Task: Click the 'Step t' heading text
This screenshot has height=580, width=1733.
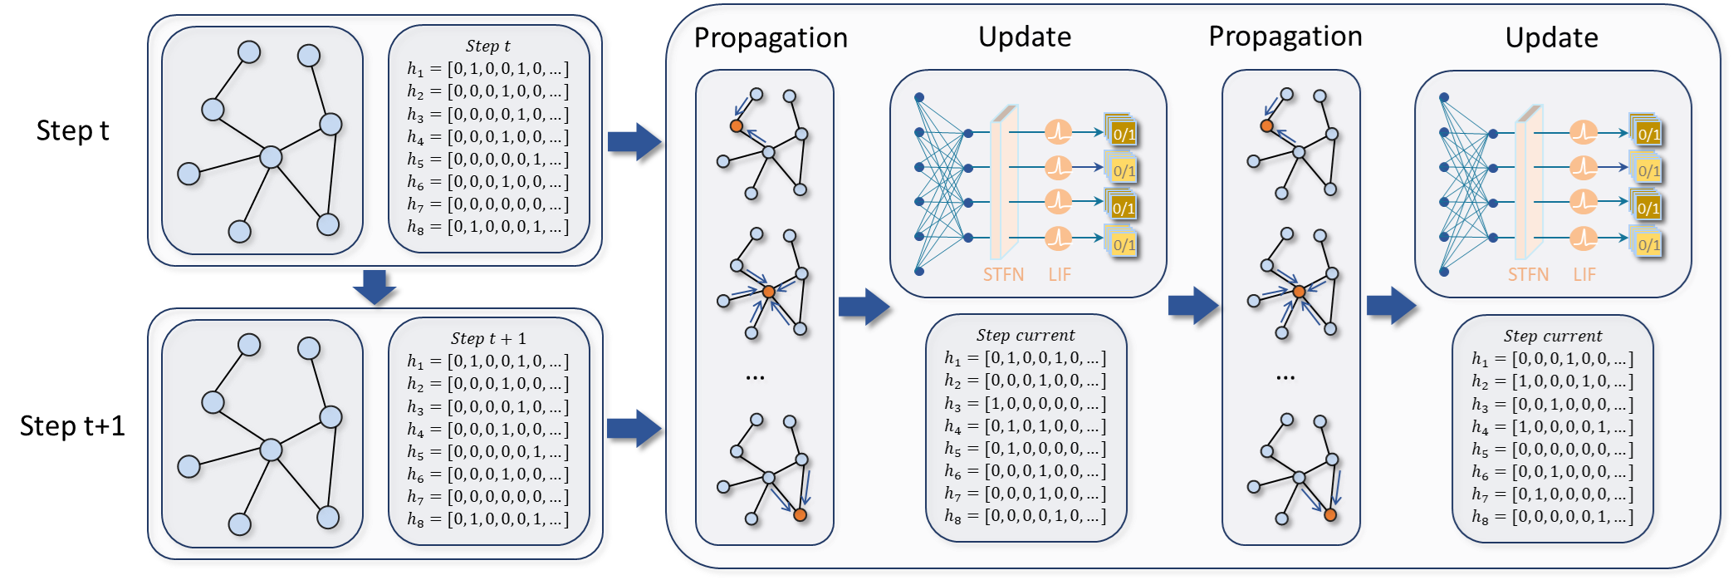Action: pyautogui.click(x=488, y=47)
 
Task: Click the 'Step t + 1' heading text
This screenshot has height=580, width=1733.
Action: pyautogui.click(x=488, y=339)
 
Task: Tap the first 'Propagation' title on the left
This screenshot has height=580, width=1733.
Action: pyautogui.click(x=771, y=38)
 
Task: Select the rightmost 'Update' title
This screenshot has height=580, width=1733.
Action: pyautogui.click(x=1551, y=38)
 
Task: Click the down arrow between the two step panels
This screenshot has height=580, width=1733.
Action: pyautogui.click(x=375, y=288)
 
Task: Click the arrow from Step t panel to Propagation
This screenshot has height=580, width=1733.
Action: pyautogui.click(x=635, y=142)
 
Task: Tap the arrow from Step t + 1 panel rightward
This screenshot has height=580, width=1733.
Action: pyautogui.click(x=635, y=429)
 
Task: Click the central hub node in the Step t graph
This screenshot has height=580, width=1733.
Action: pyautogui.click(x=272, y=156)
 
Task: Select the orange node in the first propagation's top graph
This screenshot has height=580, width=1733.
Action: pyautogui.click(x=736, y=125)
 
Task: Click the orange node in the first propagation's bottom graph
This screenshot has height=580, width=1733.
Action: pyautogui.click(x=800, y=515)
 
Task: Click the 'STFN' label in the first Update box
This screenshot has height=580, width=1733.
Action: pyautogui.click(x=1003, y=275)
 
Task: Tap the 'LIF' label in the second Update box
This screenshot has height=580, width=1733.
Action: pyautogui.click(x=1584, y=275)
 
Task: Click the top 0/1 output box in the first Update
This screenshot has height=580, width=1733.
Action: pyautogui.click(x=1123, y=134)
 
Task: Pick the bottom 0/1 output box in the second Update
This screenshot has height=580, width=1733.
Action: pyautogui.click(x=1648, y=244)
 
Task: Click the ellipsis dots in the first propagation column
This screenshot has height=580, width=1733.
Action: pyautogui.click(x=755, y=378)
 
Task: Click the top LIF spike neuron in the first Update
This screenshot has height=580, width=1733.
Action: pyautogui.click(x=1058, y=131)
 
